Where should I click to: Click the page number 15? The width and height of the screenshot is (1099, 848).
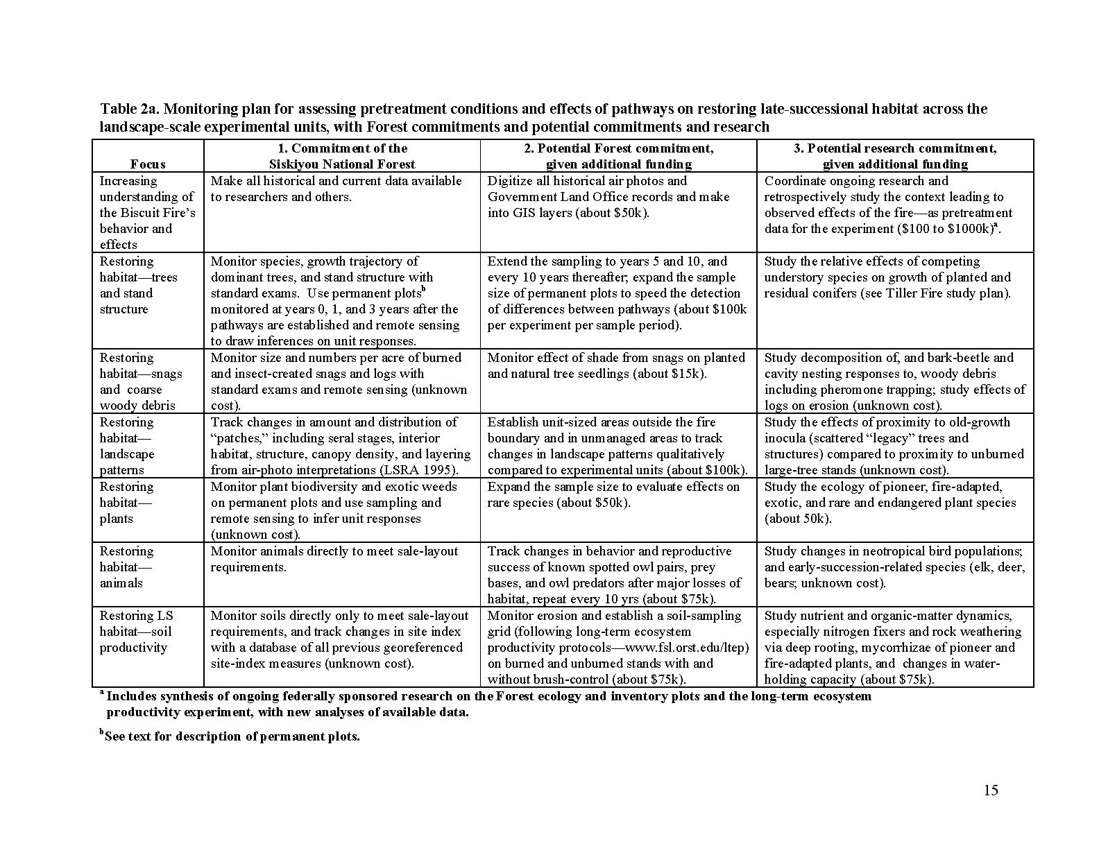[990, 790]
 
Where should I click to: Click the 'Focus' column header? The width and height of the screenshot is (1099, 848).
[148, 164]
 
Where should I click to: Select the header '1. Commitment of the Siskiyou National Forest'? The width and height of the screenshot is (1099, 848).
[341, 156]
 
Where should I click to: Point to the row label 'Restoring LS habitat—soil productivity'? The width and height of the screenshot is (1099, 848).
[136, 632]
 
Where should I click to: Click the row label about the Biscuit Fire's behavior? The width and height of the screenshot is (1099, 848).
[147, 213]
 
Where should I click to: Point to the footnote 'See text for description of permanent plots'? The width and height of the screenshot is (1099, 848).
[232, 736]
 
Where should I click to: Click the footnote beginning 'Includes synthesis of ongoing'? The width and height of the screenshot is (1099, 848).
[486, 704]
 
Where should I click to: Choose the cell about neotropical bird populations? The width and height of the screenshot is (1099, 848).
[894, 567]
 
